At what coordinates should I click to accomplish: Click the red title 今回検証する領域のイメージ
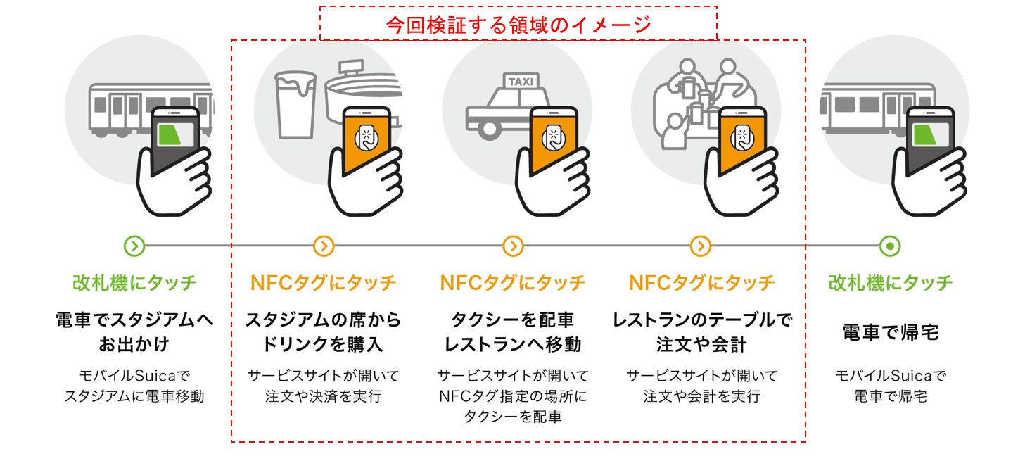tap(518, 25)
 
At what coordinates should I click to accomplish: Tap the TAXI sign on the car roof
tap(520, 82)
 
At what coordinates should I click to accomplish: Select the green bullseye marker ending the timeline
tap(890, 246)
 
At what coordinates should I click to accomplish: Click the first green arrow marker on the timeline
tap(134, 246)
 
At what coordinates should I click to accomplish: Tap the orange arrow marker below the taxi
tap(514, 246)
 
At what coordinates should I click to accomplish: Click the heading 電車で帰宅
tap(890, 332)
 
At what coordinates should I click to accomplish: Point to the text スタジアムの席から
tap(323, 320)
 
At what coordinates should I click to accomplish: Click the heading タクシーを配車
tap(513, 320)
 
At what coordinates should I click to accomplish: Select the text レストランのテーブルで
tap(701, 320)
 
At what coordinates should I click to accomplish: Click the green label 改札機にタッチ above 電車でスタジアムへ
tap(134, 283)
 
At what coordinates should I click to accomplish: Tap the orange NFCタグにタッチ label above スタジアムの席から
tap(323, 283)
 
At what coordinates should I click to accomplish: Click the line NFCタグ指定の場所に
tap(513, 396)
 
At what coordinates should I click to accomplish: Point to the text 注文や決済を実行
tap(323, 396)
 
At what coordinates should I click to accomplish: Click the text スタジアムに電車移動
tap(134, 396)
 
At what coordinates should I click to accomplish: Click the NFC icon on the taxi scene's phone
tap(554, 137)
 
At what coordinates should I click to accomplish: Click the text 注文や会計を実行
tap(701, 396)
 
